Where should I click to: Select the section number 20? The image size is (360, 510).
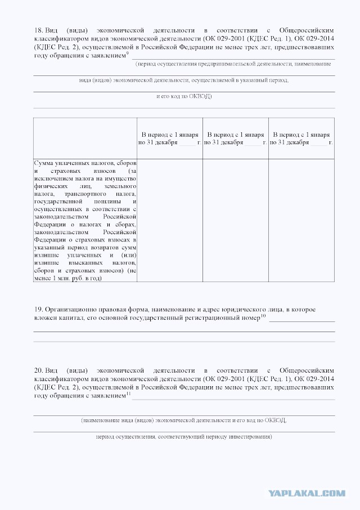(38, 370)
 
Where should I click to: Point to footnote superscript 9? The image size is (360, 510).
(128, 53)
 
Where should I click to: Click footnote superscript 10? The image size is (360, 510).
(263, 316)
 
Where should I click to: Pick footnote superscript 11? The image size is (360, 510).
(128, 394)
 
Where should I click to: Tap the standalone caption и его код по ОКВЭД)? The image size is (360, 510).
(184, 96)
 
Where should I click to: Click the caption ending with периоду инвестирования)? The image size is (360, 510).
(184, 436)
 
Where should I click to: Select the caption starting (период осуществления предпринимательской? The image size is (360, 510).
(233, 64)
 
